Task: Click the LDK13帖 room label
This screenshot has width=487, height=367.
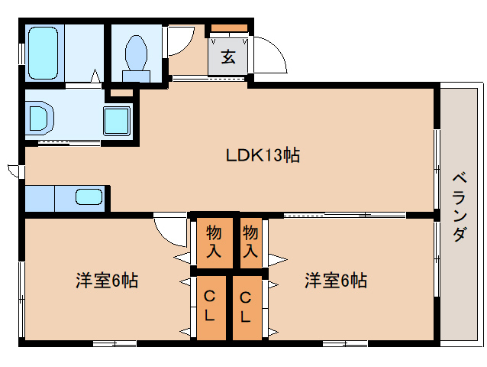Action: pos(262,156)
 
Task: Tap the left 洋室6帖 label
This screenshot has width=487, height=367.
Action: pos(106,280)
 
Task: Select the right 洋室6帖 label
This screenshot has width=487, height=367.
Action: pos(336,280)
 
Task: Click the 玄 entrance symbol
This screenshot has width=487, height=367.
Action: pos(228,57)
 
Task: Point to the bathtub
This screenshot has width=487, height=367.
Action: pos(44,51)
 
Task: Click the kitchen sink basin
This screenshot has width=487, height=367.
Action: pos(89,197)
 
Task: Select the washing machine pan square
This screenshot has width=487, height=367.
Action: pos(117,119)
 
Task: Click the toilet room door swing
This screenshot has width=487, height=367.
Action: pos(179,44)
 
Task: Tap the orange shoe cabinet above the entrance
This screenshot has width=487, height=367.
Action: pos(229,29)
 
